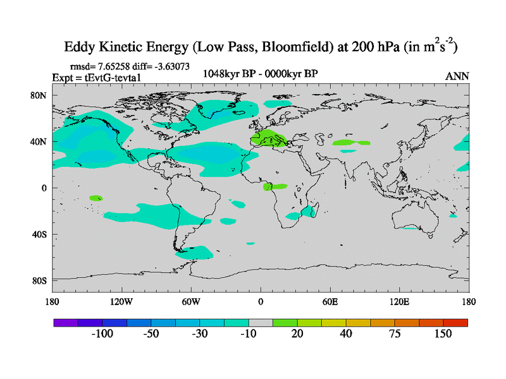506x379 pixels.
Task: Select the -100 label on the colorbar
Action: (101, 334)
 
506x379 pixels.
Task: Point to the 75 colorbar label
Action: (395, 334)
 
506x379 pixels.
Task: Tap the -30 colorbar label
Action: (200, 334)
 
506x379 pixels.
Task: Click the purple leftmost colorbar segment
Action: (65, 322)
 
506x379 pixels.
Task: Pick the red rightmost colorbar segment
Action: (455, 322)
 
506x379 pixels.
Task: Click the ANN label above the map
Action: (457, 76)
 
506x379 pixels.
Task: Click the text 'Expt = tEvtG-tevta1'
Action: (96, 77)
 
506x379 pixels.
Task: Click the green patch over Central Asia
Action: (351, 143)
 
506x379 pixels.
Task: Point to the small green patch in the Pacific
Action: (96, 198)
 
